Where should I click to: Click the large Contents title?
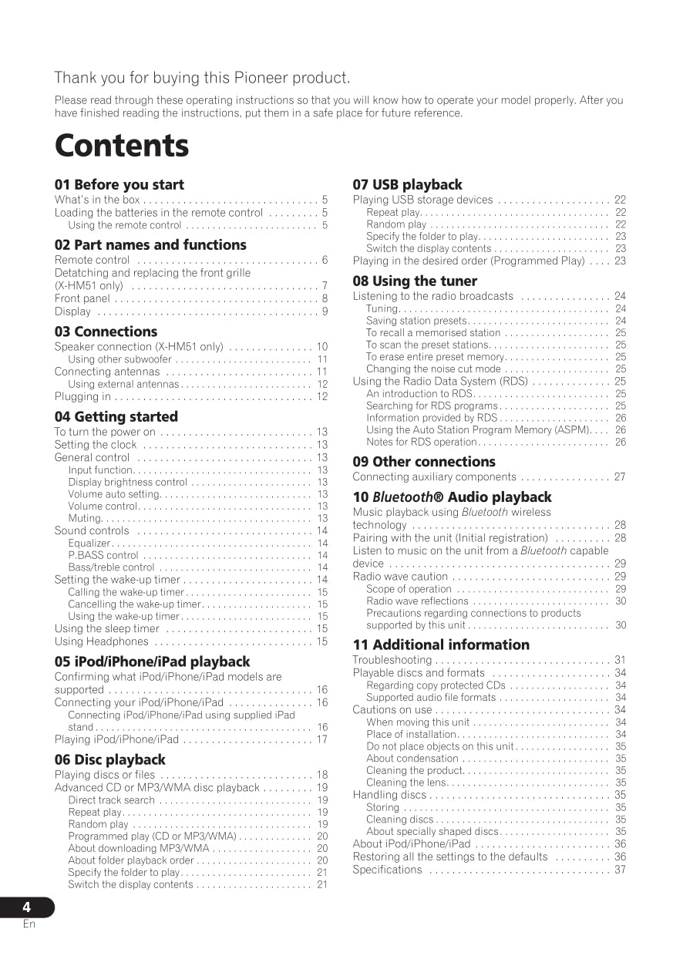[x=122, y=146]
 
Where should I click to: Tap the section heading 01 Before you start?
[x=119, y=185]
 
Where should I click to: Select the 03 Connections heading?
[x=106, y=332]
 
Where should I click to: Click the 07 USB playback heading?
[x=407, y=185]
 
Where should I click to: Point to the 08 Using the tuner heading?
[x=415, y=281]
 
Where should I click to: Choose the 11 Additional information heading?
[x=441, y=645]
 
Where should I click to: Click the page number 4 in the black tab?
[x=27, y=907]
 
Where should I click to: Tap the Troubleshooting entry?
[x=392, y=660]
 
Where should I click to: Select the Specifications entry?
[x=387, y=870]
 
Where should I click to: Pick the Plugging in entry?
[x=82, y=396]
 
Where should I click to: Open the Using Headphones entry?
[x=101, y=641]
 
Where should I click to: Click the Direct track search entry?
[x=111, y=800]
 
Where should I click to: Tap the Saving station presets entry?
[x=416, y=321]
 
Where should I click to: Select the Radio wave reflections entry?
[x=417, y=601]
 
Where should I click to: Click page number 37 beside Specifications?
[x=620, y=870]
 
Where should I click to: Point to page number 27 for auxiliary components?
[x=620, y=477]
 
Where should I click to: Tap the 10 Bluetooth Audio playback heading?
[x=452, y=497]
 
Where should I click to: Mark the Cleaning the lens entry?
[x=406, y=783]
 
